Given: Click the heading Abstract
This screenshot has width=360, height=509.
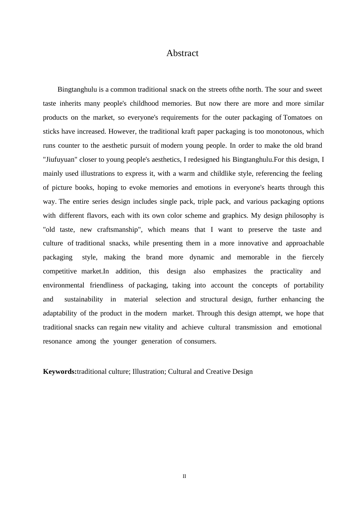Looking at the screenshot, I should [x=182, y=53].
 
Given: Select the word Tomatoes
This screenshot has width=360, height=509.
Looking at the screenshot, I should [x=297, y=117].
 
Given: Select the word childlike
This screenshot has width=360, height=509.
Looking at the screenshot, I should [x=223, y=173].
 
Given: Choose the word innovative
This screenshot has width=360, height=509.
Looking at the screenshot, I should [x=253, y=243].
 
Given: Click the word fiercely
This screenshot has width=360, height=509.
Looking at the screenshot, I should [x=313, y=257].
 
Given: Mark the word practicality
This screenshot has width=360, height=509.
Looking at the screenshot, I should [x=286, y=271].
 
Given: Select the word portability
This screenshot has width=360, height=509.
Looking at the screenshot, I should [x=309, y=285].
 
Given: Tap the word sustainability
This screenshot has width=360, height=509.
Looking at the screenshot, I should [x=83, y=299].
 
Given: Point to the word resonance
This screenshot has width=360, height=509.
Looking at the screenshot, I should [x=57, y=341].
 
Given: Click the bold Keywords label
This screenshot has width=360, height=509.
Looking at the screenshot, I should [x=59, y=372].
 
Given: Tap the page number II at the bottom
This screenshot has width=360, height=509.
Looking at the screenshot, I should [x=184, y=476].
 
